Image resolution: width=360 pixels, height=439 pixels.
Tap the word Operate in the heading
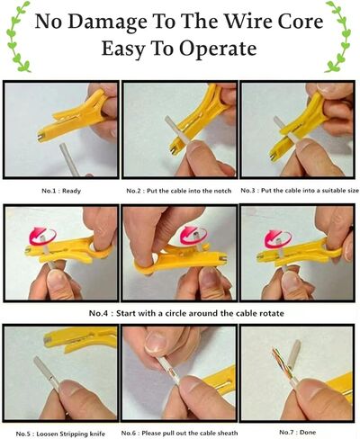tap(219, 49)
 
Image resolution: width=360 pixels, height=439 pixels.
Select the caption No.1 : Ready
tap(61, 191)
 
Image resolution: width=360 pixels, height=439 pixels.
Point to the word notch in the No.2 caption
tap(222, 191)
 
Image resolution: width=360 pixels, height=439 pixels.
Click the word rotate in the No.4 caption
tap(272, 314)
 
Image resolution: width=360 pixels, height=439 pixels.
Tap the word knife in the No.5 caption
tap(97, 434)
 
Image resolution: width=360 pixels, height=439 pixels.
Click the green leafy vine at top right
tap(338, 36)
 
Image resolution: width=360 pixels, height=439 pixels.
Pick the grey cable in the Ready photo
tap(72, 159)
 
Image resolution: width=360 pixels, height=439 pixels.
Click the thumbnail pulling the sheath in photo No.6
tap(155, 343)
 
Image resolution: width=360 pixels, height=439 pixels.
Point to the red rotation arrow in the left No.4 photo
tap(42, 236)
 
